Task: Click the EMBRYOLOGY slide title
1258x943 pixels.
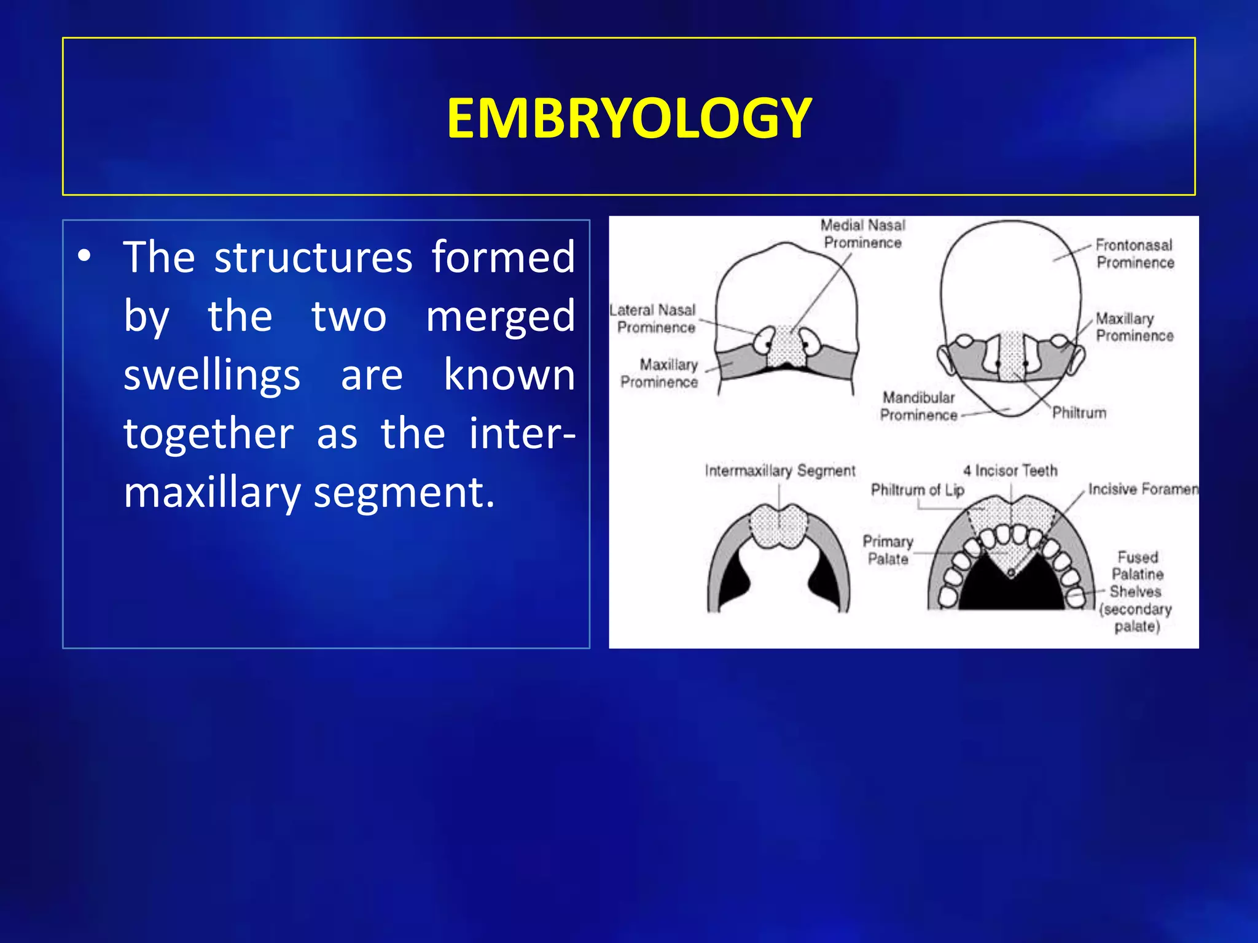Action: coord(629,118)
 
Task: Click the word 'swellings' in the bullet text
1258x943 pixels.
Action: coord(212,375)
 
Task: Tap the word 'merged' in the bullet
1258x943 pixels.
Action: coord(501,317)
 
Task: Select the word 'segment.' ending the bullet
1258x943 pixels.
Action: coord(404,492)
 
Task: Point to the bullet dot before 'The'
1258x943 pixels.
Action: coord(85,256)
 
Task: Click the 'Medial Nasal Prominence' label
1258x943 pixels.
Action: coord(862,234)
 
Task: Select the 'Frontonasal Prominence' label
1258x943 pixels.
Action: coord(1135,254)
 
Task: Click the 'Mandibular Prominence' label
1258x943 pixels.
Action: coord(918,406)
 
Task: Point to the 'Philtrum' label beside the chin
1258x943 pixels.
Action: coord(1079,413)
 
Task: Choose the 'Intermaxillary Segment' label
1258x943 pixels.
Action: coord(780,471)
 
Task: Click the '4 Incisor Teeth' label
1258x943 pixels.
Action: coord(1010,471)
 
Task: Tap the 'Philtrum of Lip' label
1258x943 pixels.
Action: coord(918,490)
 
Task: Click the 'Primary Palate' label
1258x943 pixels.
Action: coord(888,550)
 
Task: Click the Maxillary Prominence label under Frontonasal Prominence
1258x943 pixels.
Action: coord(1134,327)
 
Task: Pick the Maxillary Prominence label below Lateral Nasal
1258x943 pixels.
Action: coord(660,373)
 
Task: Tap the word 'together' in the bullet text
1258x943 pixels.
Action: coord(209,434)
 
